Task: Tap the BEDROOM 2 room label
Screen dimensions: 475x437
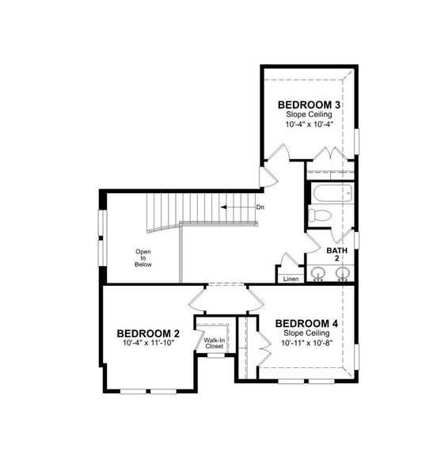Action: point(148,332)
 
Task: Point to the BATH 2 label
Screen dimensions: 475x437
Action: point(336,254)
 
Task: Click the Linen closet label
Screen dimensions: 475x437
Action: point(291,278)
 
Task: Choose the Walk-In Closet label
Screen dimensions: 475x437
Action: point(214,344)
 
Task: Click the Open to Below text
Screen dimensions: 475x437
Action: point(143,258)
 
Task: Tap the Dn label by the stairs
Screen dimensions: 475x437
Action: point(260,207)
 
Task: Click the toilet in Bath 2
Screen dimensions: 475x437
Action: point(321,215)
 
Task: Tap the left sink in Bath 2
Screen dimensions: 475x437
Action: point(318,275)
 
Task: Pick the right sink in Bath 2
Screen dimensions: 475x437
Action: point(343,275)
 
